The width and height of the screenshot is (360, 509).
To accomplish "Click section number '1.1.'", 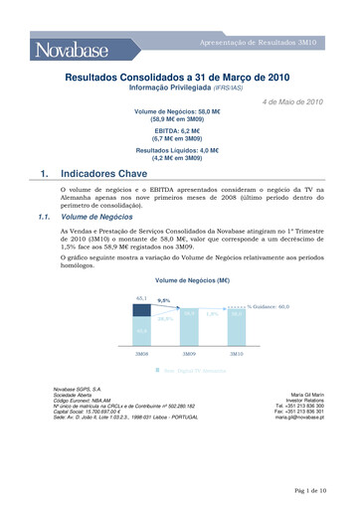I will coord(43,215).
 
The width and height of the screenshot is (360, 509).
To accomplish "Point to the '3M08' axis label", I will coord(142,354).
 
